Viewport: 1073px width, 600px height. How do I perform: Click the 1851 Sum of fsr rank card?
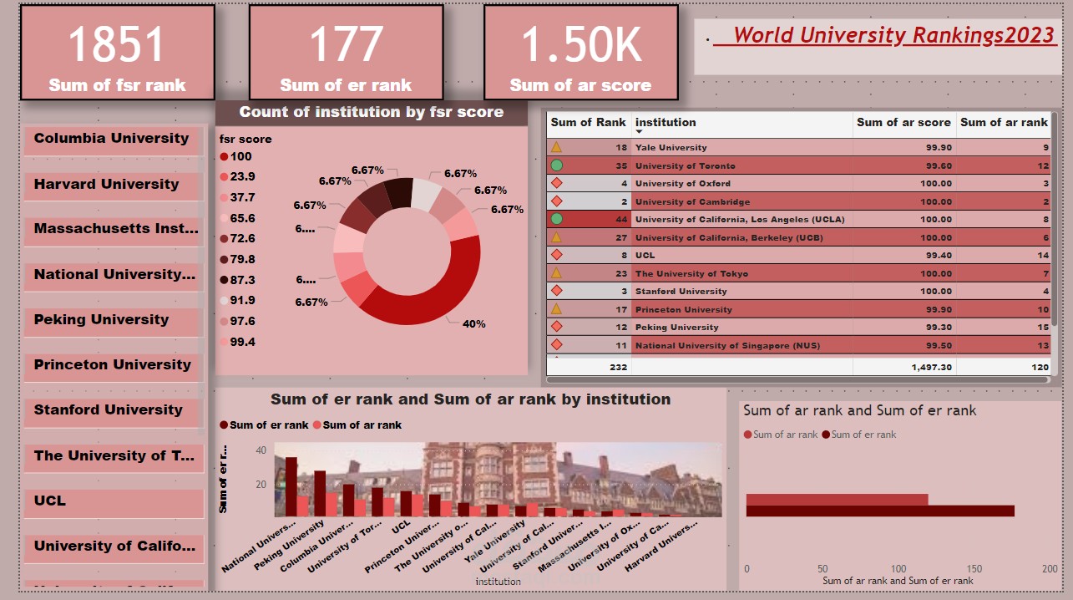pyautogui.click(x=117, y=53)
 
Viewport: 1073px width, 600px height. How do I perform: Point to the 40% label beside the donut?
pyautogui.click(x=473, y=323)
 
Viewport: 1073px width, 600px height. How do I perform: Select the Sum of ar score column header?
pyautogui.click(x=903, y=122)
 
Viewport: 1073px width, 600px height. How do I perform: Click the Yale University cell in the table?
pyautogui.click(x=671, y=148)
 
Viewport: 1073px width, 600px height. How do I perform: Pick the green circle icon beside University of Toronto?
pyautogui.click(x=556, y=165)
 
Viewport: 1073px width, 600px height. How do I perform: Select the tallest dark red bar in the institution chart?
pyautogui.click(x=291, y=486)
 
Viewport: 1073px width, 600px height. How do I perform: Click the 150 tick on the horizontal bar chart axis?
pyautogui.click(x=974, y=569)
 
